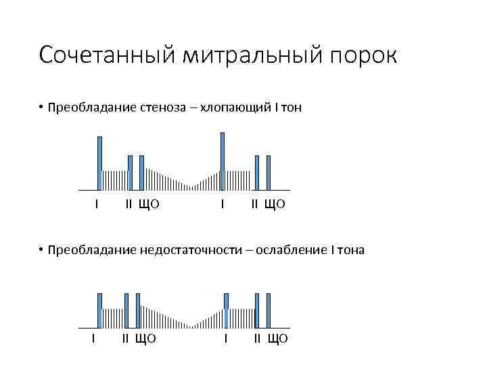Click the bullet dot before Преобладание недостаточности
point(41,250)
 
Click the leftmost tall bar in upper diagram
point(99,163)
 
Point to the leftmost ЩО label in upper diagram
point(149,204)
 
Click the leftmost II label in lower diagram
point(125,338)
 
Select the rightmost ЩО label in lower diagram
point(277,338)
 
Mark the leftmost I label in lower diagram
point(93,338)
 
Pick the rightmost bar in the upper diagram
point(269,172)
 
